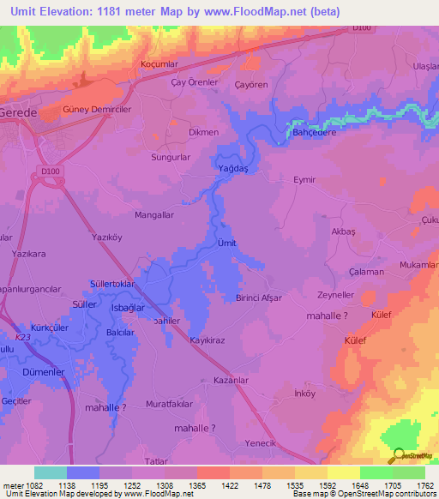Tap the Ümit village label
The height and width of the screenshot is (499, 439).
pyautogui.click(x=226, y=243)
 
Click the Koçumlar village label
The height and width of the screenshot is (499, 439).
pyautogui.click(x=159, y=65)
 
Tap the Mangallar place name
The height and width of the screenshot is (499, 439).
pyautogui.click(x=155, y=215)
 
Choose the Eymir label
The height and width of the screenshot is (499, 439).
pyautogui.click(x=305, y=180)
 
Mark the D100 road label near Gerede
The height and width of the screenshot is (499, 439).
pyautogui.click(x=51, y=171)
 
